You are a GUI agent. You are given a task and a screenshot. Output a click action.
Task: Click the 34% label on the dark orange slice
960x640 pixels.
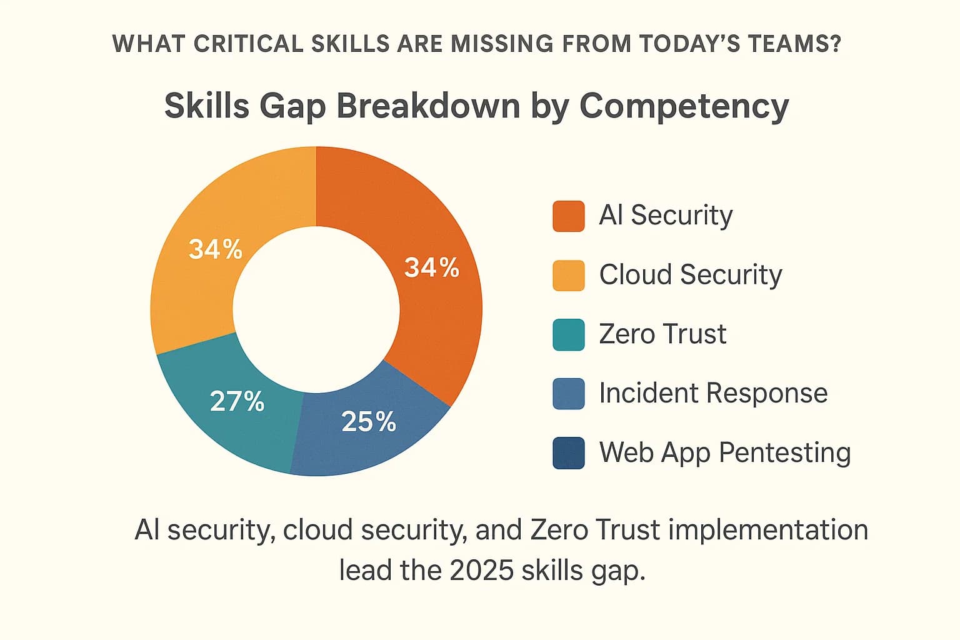(431, 268)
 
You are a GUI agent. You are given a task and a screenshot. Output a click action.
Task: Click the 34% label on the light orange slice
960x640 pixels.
(216, 249)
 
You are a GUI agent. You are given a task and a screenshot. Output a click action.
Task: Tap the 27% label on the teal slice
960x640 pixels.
(237, 401)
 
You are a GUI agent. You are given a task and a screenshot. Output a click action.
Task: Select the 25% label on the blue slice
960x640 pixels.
(369, 422)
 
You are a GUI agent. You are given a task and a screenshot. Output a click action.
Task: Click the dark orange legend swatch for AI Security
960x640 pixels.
(568, 216)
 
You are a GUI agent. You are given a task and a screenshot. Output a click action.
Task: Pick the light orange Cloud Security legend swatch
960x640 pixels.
(568, 276)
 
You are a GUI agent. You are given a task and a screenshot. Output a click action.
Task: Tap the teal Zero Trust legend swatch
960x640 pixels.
(568, 334)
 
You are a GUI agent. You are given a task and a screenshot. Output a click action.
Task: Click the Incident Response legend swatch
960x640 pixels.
(568, 394)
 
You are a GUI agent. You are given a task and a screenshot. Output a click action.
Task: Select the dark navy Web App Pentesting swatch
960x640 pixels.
(568, 452)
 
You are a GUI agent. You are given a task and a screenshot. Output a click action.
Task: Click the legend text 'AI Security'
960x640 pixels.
(666, 216)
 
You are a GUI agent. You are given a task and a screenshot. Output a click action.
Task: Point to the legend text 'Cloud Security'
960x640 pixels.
(690, 275)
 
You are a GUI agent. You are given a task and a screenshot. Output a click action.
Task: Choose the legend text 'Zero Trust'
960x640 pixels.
(662, 334)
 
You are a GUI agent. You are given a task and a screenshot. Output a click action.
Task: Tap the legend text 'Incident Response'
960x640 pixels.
(713, 393)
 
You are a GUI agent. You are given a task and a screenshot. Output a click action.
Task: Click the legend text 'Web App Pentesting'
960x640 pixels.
(725, 452)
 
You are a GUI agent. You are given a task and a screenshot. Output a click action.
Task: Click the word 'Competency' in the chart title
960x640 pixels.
(684, 106)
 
